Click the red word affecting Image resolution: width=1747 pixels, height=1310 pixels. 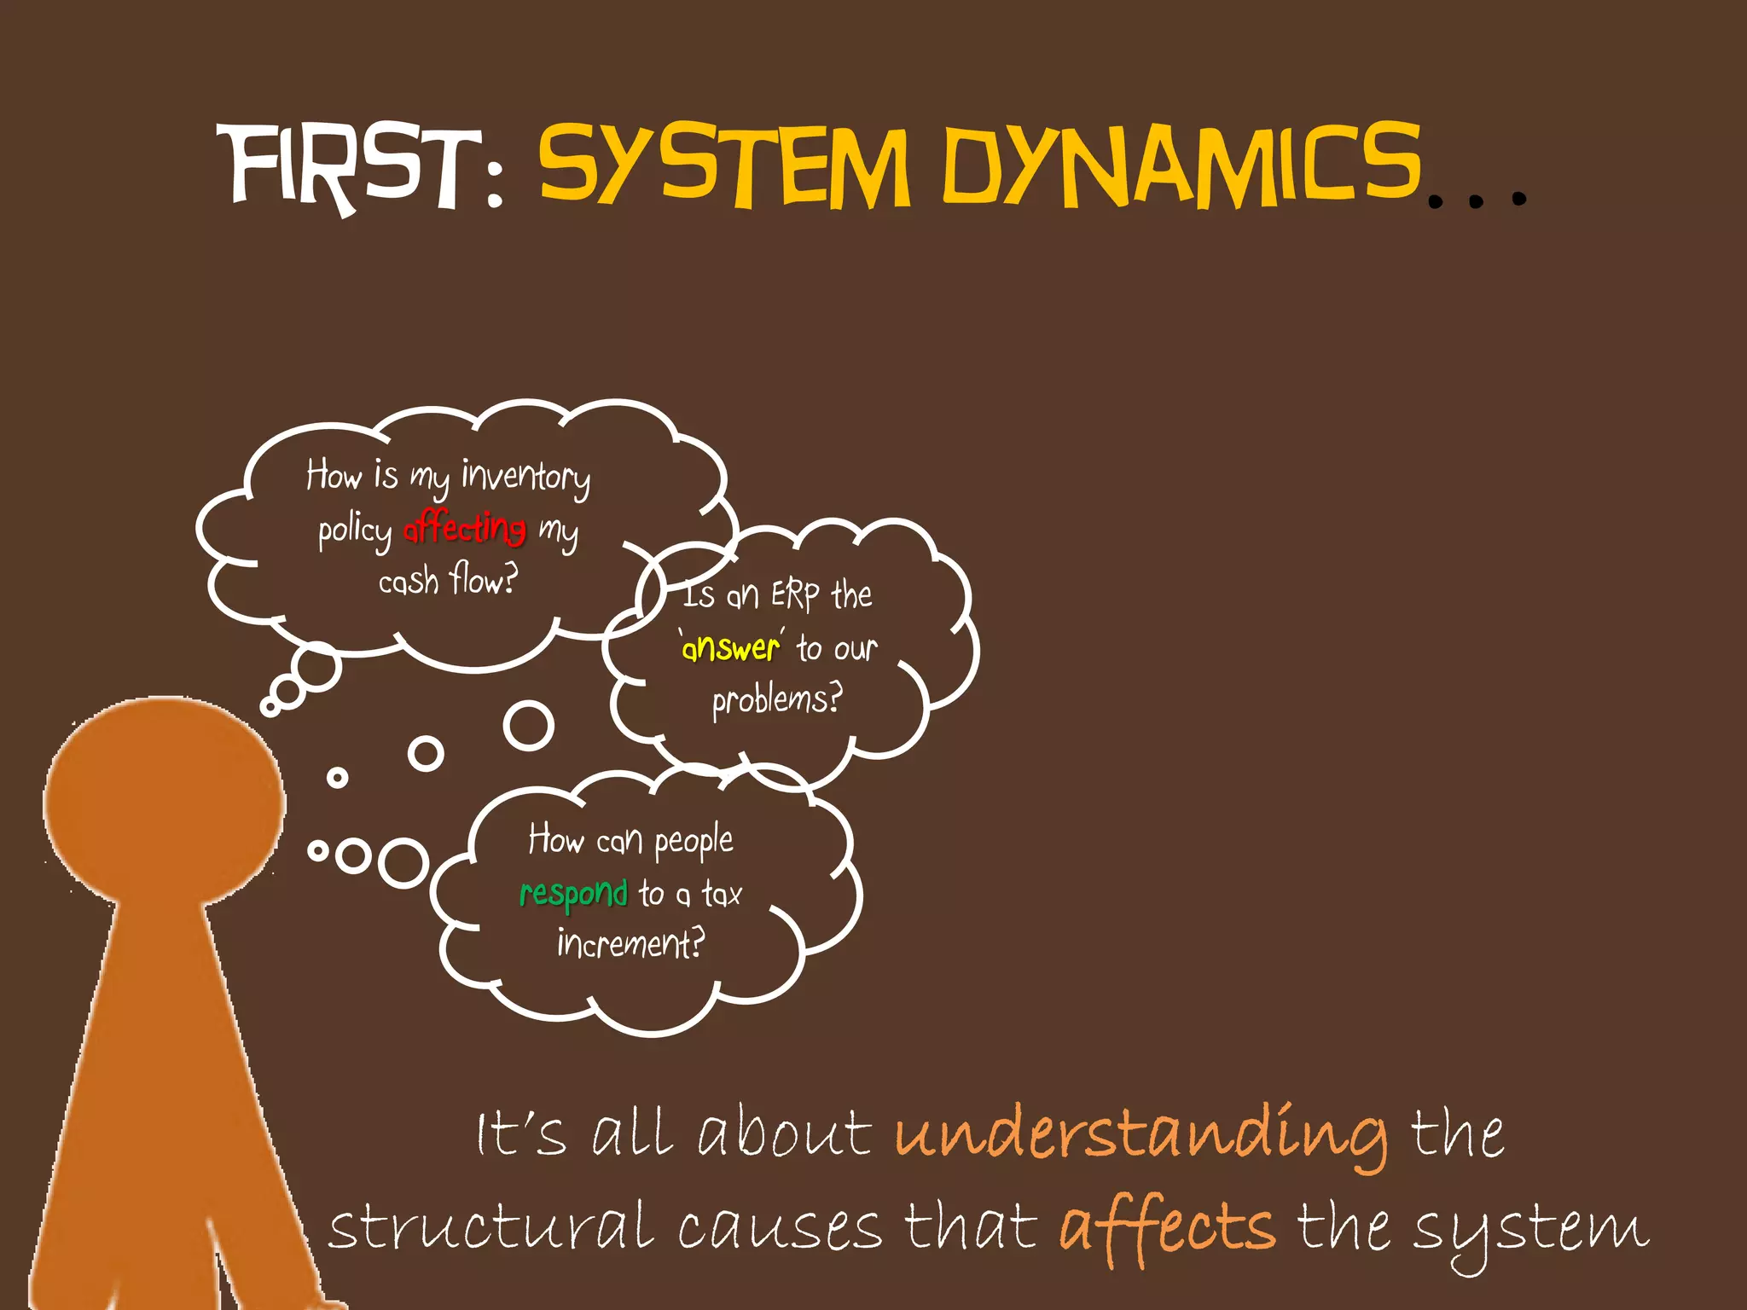(464, 528)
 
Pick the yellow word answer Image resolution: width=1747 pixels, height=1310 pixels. (731, 648)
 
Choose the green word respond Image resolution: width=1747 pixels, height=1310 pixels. (573, 894)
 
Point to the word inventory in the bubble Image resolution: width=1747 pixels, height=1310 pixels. (525, 477)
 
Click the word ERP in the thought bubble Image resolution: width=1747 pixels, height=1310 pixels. (795, 594)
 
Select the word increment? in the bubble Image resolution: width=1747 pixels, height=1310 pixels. (630, 944)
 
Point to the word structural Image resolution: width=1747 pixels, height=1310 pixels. (492, 1228)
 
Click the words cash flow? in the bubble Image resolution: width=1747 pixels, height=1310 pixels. (448, 581)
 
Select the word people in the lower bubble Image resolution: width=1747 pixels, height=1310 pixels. (694, 842)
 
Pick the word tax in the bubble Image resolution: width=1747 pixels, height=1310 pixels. (722, 894)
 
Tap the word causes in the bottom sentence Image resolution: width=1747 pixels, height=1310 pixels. (779, 1229)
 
